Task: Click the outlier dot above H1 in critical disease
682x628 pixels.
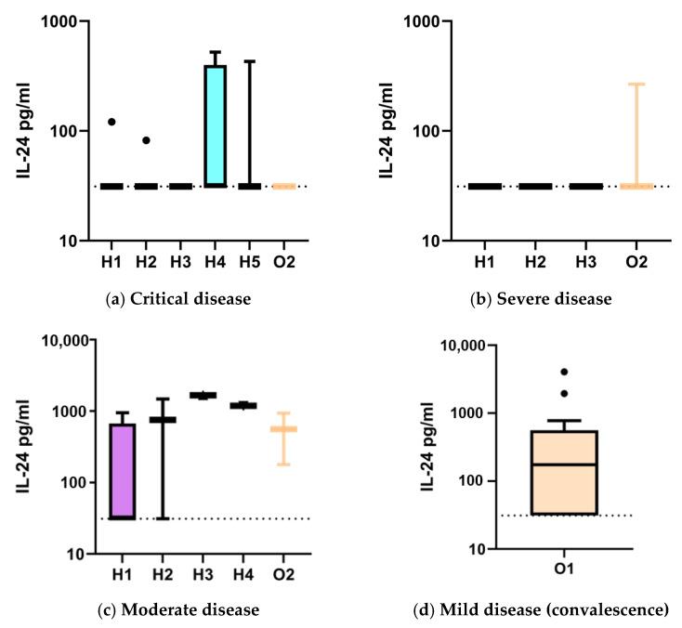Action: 111,122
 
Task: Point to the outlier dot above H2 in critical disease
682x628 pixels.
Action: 146,140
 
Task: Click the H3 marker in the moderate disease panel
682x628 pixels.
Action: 203,395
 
